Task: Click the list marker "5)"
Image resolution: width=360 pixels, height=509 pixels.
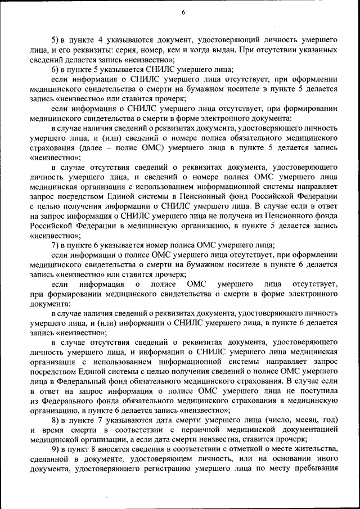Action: pos(55,40)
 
